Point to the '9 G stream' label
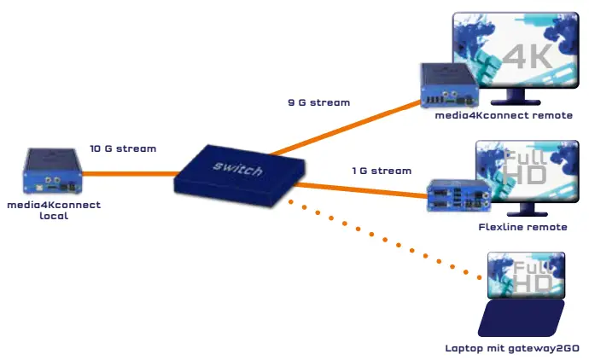coord(318,102)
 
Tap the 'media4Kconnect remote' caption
coord(503,115)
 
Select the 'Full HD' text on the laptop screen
coord(530,278)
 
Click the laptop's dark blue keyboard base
coord(520,319)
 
